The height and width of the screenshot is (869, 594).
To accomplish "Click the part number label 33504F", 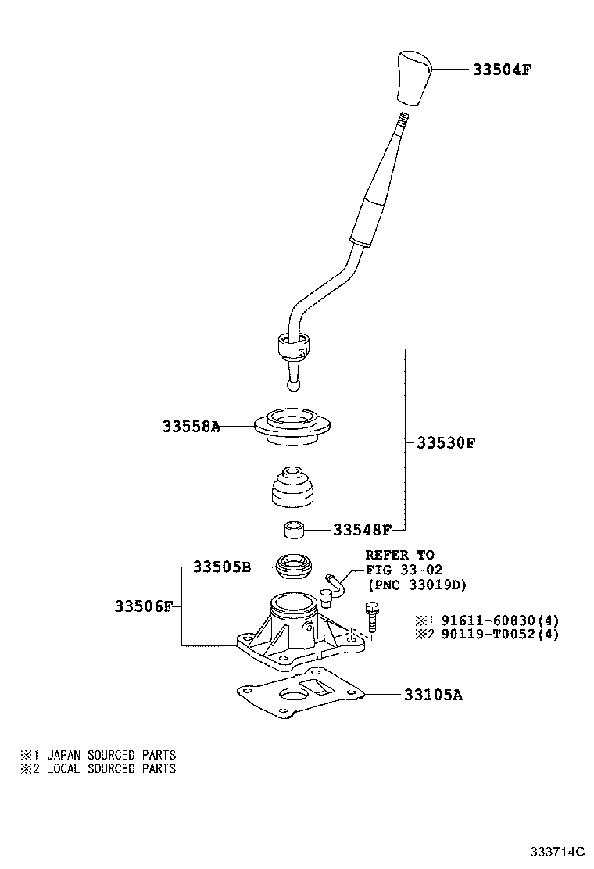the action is pos(502,70).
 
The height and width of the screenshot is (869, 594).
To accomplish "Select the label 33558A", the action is pos(191,427).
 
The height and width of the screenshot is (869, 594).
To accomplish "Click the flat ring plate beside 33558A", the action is pos(292,426).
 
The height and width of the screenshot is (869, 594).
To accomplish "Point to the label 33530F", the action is pos(445,443).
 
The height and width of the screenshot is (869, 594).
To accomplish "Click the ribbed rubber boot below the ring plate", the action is pos(293,487).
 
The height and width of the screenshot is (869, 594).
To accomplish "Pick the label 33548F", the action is pos(362,531).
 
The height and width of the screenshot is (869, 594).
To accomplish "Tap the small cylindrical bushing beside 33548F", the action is pos(294,529).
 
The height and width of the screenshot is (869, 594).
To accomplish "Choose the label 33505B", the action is pos(222,567).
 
